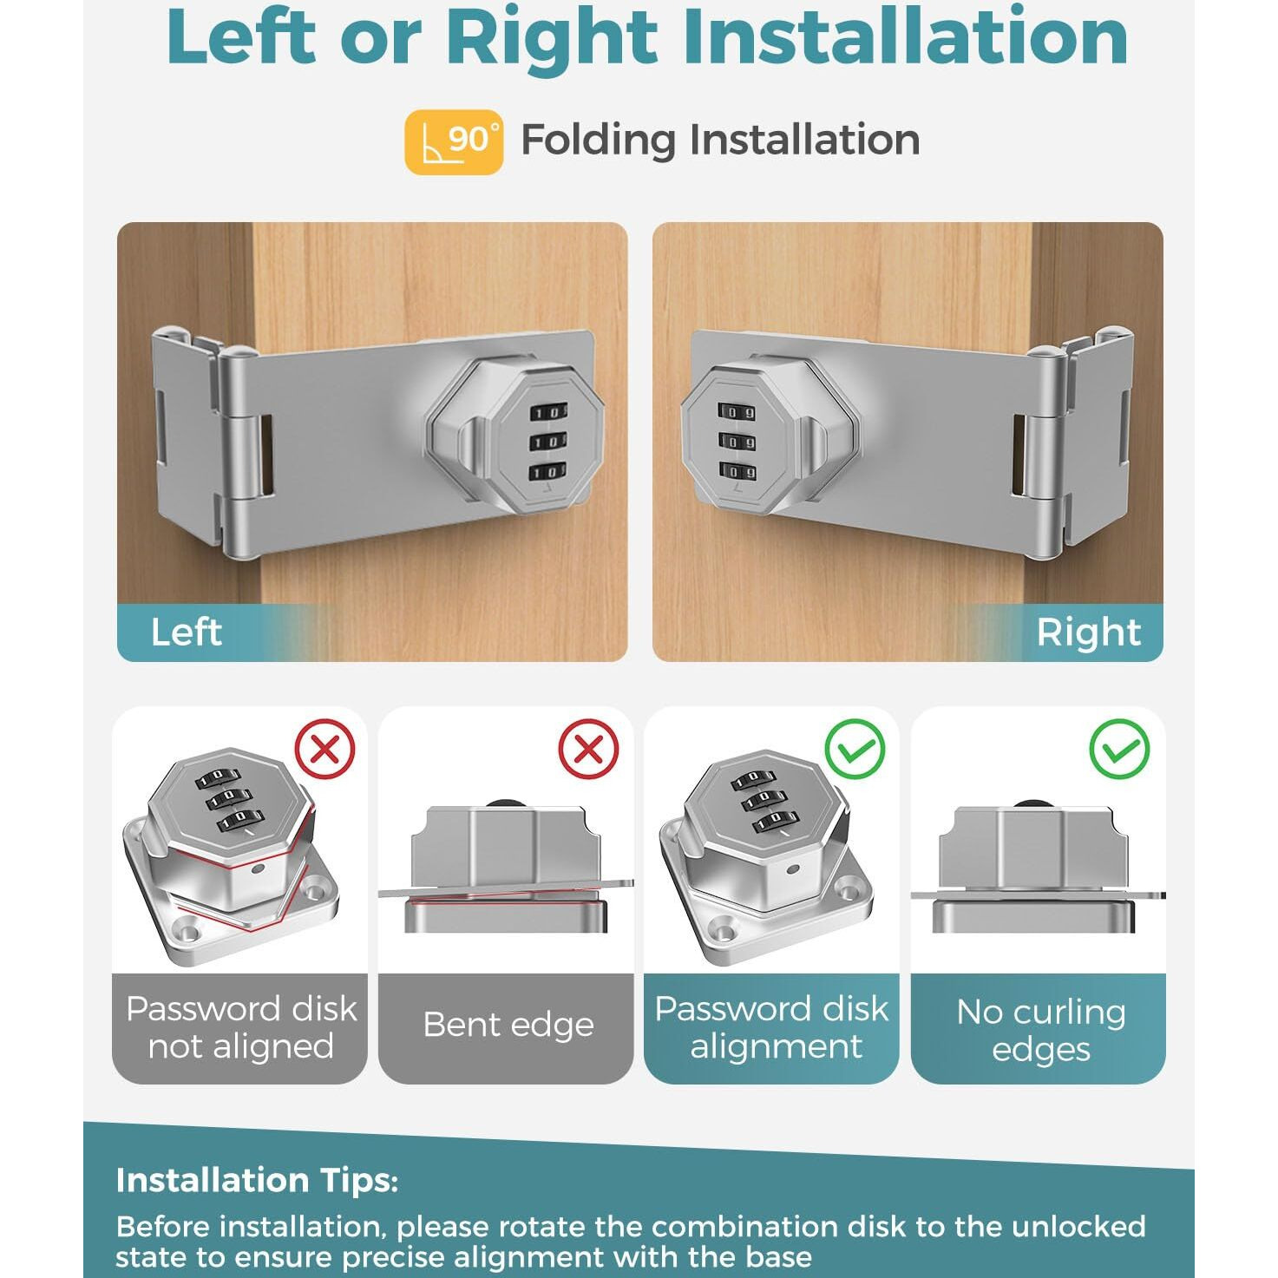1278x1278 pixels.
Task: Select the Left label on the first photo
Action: coord(187,632)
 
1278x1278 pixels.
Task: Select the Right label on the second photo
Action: coord(1088,632)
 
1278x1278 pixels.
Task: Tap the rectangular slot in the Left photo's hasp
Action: coord(266,453)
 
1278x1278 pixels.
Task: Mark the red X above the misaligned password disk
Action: coord(325,749)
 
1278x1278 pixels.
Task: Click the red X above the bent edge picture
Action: coord(588,749)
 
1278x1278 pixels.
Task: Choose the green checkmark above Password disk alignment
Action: coord(855,749)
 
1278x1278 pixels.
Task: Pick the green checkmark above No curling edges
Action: coord(1120,749)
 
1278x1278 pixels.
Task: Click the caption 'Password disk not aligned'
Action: coord(240,1027)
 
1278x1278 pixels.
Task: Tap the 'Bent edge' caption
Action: coord(508,1025)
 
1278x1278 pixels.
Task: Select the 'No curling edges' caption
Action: coord(1040,1030)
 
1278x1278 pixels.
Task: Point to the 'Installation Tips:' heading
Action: coord(257,1180)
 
